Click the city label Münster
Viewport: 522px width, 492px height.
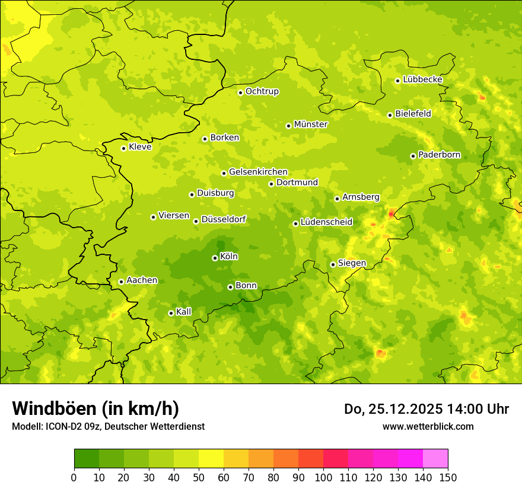click(310, 124)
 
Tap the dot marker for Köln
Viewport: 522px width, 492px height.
click(215, 258)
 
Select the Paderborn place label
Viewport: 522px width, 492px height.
click(439, 155)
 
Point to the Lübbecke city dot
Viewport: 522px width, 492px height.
click(397, 81)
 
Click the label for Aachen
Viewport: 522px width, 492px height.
click(142, 280)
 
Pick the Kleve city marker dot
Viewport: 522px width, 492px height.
click(123, 148)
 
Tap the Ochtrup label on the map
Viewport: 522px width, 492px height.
click(262, 91)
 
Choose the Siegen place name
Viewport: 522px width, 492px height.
click(352, 263)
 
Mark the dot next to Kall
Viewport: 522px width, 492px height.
click(171, 313)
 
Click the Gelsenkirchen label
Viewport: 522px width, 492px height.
click(258, 172)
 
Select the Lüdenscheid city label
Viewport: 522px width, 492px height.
click(326, 222)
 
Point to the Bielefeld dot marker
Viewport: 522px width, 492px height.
click(390, 115)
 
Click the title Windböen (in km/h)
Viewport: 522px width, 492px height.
click(96, 408)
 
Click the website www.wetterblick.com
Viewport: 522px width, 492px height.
click(428, 426)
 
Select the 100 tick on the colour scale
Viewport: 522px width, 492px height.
click(323, 477)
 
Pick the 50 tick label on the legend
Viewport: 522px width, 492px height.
click(199, 477)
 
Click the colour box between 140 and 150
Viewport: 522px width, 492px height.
click(435, 459)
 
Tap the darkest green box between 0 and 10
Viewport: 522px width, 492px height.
click(87, 459)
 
